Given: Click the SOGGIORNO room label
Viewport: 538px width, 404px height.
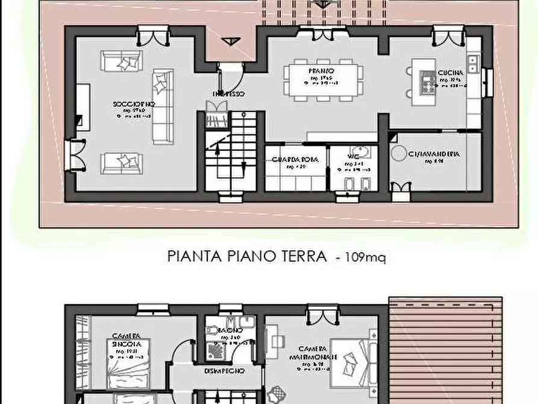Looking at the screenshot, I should click(x=134, y=104).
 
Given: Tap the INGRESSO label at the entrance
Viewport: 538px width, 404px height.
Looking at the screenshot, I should click(x=228, y=94).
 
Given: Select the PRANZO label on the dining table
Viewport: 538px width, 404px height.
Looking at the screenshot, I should click(x=323, y=71).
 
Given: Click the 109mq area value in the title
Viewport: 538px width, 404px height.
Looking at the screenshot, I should click(x=366, y=257).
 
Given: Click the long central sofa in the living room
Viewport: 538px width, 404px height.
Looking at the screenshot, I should click(x=162, y=106).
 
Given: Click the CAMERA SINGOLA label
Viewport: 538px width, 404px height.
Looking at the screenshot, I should click(x=127, y=339).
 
